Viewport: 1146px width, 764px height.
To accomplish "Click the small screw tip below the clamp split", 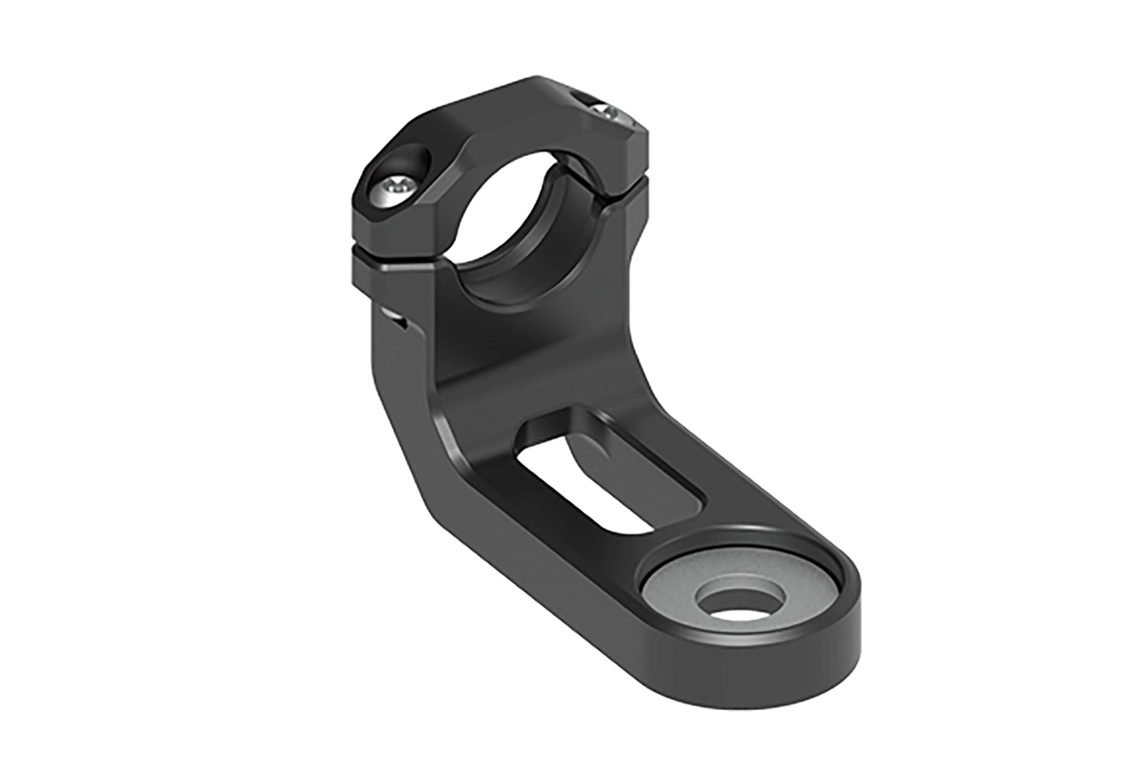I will [395, 317].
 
